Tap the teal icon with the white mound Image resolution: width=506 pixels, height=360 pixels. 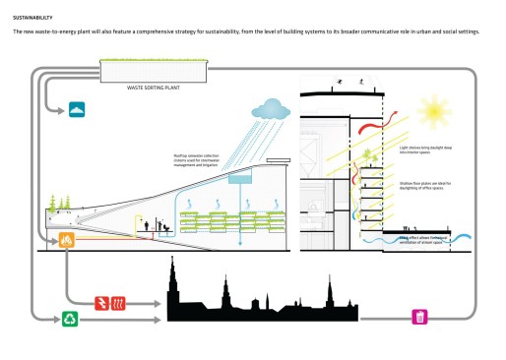pyautogui.click(x=76, y=109)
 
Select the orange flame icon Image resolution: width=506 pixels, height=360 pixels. pyautogui.click(x=67, y=240)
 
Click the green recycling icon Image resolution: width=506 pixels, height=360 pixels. pyautogui.click(x=70, y=318)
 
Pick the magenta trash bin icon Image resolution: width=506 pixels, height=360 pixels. pyautogui.click(x=419, y=316)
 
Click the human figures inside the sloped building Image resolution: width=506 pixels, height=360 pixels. pyautogui.click(x=153, y=225)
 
